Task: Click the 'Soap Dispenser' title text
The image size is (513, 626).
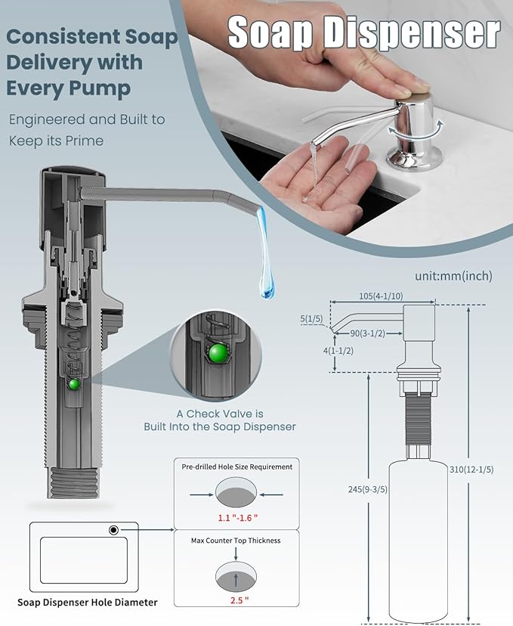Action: (x=363, y=33)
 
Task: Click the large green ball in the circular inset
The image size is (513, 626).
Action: (x=218, y=354)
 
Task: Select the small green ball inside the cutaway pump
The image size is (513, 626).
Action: (x=74, y=384)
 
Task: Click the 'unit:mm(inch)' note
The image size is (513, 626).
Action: (x=453, y=277)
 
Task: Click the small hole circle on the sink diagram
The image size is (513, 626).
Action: (x=113, y=530)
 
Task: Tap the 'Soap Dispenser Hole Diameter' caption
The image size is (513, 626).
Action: (x=88, y=603)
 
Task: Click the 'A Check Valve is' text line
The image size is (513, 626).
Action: (x=220, y=414)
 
